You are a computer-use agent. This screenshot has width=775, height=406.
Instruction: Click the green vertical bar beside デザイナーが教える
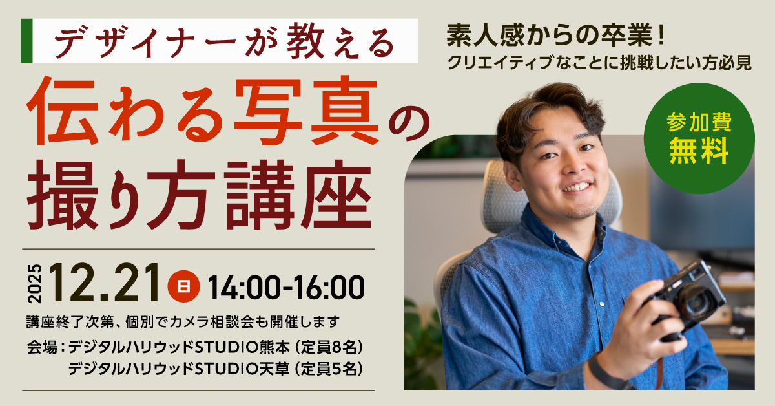point(26,41)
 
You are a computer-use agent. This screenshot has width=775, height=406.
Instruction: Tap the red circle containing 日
point(183,286)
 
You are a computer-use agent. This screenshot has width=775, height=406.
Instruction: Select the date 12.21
point(105,283)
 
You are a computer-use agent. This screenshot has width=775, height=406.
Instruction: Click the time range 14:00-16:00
point(286,287)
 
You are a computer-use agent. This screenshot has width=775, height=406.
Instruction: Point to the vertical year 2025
point(35,284)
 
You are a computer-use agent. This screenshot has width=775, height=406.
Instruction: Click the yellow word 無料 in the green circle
point(699,151)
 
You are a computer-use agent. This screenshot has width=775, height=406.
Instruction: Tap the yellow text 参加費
point(699,122)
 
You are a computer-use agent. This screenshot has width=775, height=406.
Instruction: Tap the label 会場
point(42,347)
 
